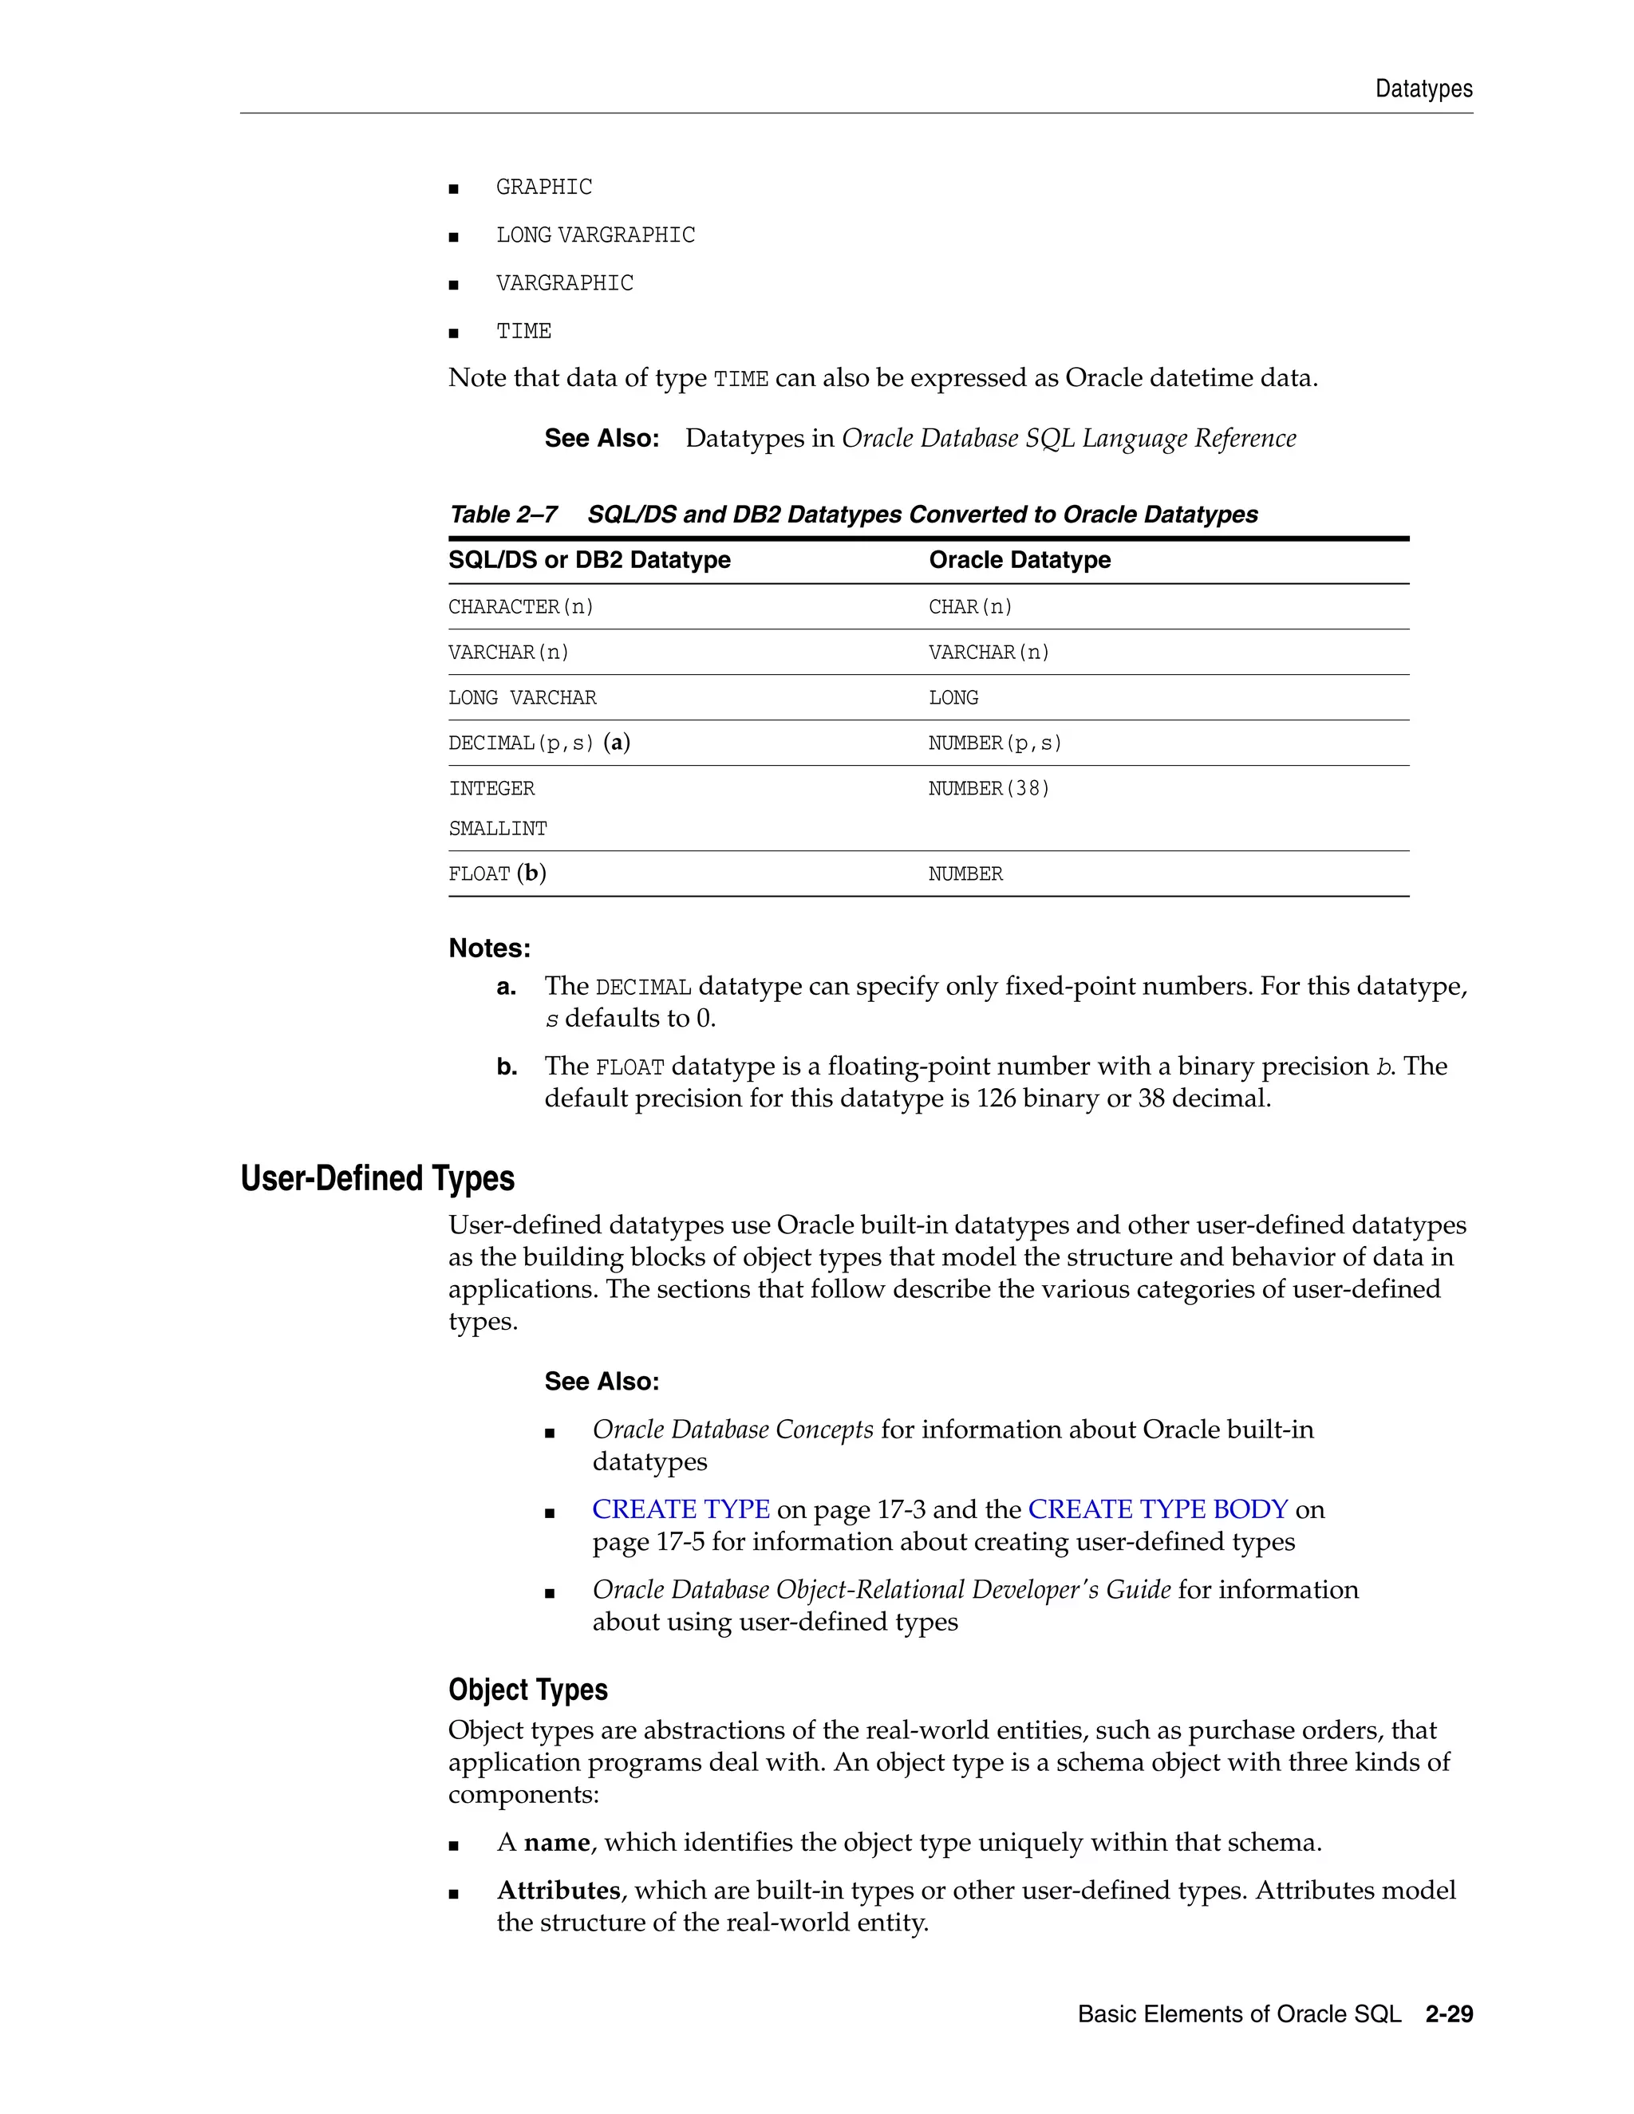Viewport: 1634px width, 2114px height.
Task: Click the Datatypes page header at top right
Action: point(1423,89)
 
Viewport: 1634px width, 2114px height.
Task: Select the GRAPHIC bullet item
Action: point(543,187)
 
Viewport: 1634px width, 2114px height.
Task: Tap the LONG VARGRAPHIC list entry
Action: point(594,235)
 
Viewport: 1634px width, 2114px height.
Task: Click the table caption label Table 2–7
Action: point(503,514)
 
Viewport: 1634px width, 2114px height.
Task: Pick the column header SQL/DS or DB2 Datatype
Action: point(589,559)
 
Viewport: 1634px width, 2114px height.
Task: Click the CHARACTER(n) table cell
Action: point(521,607)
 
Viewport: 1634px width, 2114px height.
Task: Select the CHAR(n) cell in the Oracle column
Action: point(970,607)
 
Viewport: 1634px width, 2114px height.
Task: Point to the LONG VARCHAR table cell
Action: point(522,698)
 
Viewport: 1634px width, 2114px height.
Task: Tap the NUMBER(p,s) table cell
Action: point(994,743)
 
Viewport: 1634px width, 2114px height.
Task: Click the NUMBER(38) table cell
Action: point(989,789)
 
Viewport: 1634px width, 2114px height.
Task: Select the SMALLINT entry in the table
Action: point(498,829)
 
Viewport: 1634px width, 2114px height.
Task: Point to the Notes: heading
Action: point(489,948)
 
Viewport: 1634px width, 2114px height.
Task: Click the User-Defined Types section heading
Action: point(377,1178)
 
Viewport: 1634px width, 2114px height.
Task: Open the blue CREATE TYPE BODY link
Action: point(1157,1509)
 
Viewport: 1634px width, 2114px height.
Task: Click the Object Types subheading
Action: point(527,1689)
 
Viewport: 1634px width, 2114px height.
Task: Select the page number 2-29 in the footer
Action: point(1448,2014)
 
